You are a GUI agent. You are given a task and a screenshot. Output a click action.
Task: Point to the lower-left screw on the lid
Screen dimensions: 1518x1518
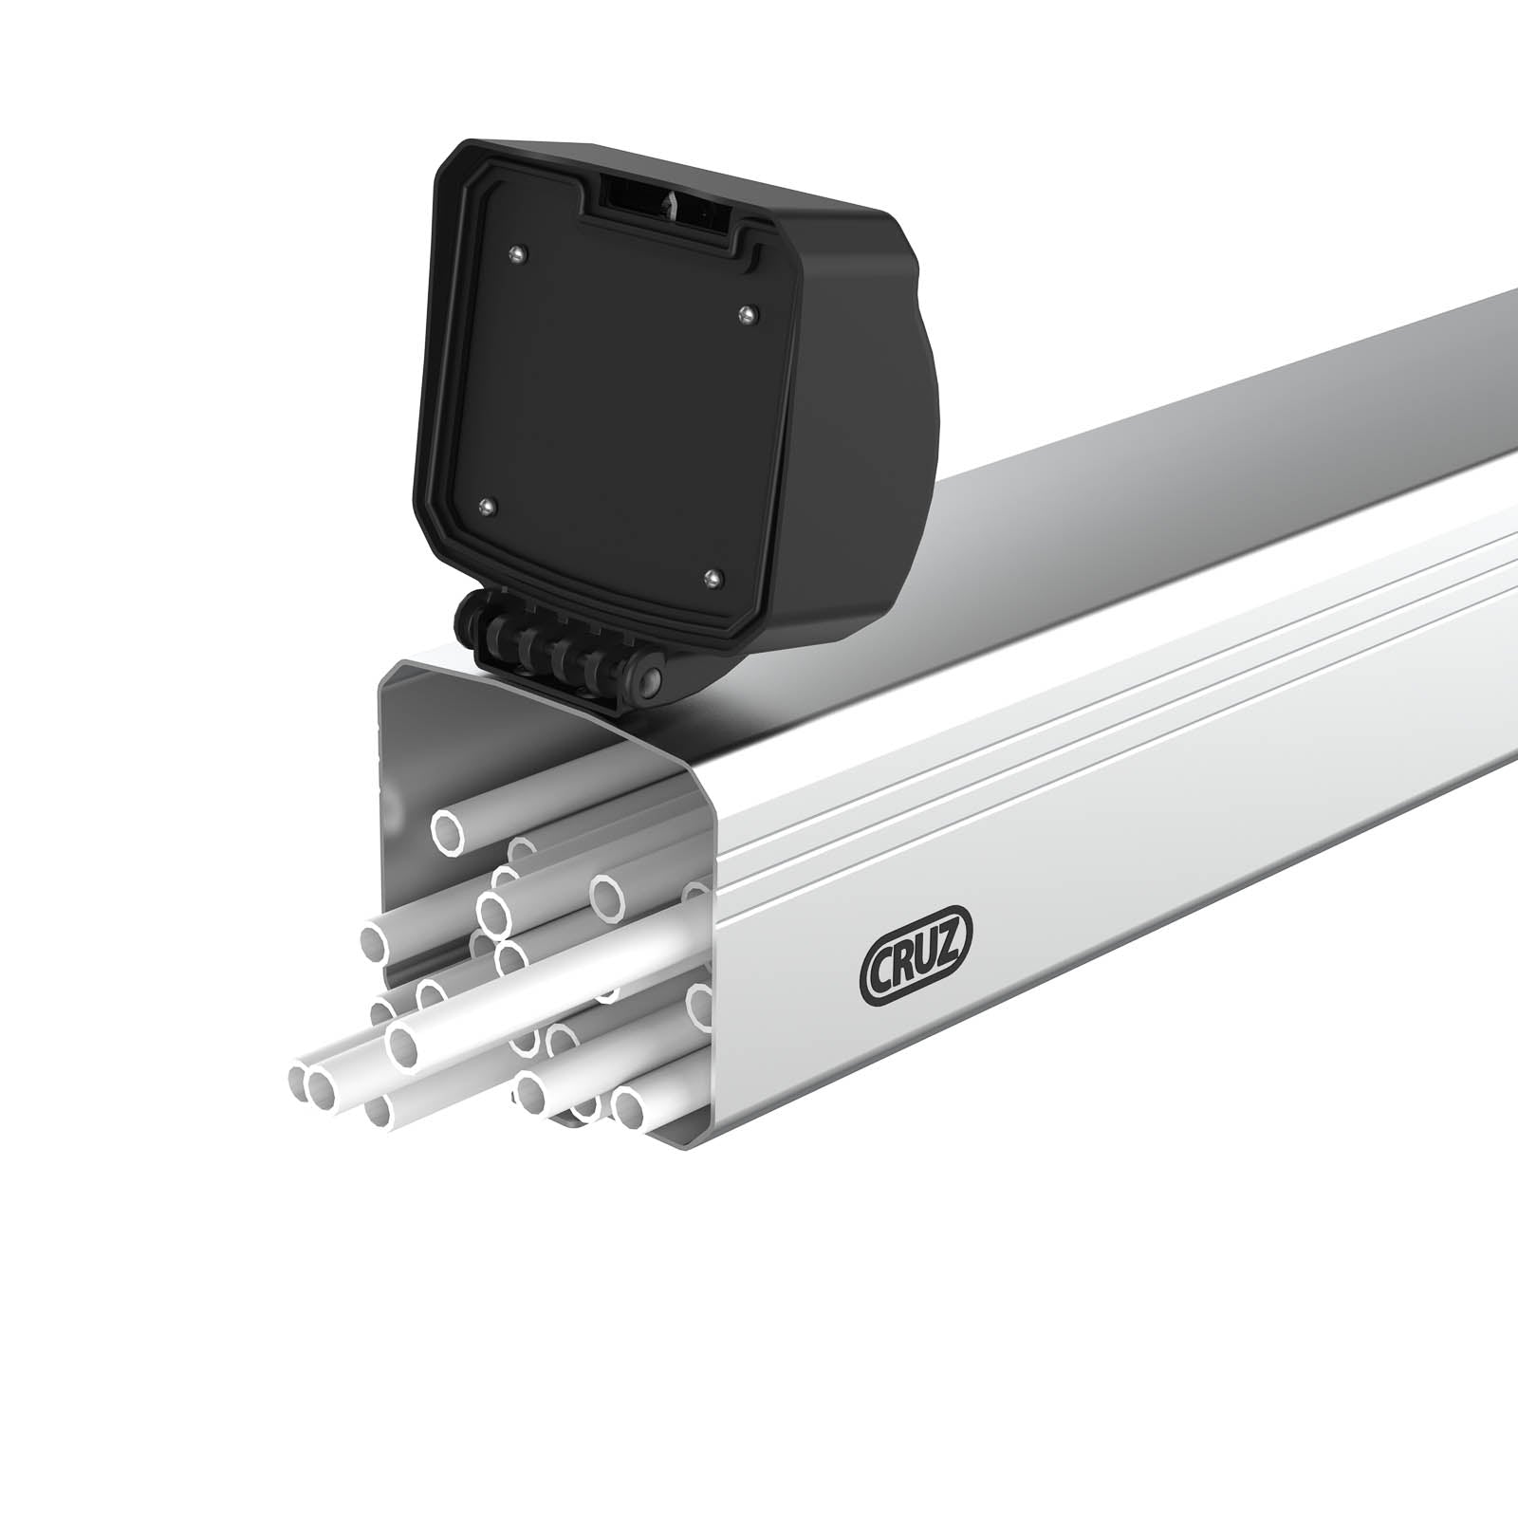coord(486,507)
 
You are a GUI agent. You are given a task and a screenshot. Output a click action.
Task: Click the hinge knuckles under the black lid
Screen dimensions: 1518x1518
coord(541,645)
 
